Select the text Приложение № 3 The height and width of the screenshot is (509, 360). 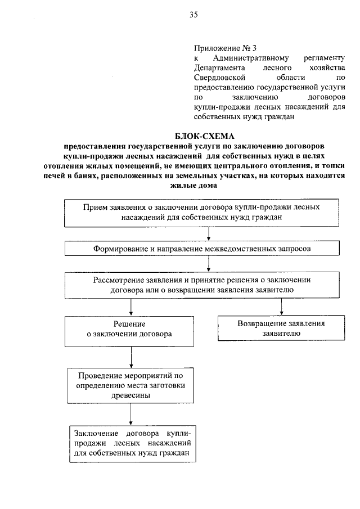click(x=220, y=48)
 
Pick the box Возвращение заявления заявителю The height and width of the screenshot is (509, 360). click(x=281, y=328)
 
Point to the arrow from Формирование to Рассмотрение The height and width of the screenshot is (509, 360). click(x=209, y=263)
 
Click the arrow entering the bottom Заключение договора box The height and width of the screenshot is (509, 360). click(x=130, y=414)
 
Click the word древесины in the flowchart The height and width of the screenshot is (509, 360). click(x=130, y=395)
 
